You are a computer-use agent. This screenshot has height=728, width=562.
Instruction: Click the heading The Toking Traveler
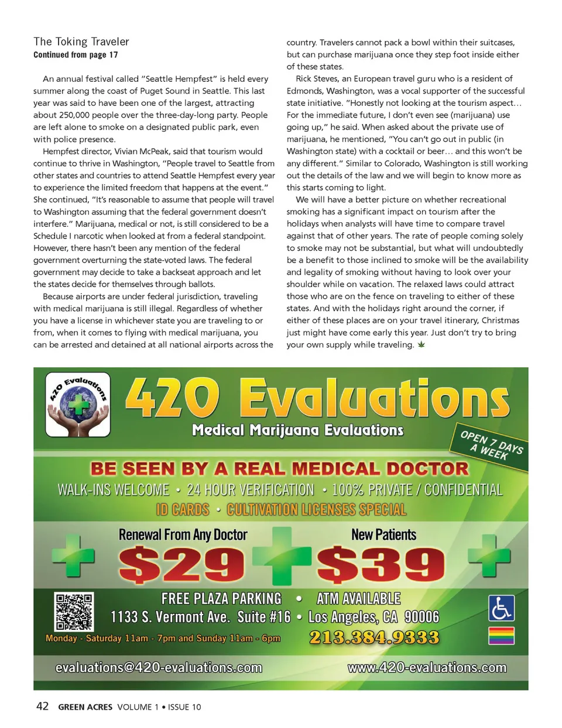tap(81, 42)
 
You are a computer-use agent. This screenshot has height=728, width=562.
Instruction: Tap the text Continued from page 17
tap(76, 55)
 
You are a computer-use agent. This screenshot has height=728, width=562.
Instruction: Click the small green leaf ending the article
tap(421, 344)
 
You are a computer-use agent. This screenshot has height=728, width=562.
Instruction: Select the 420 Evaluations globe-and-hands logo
tap(78, 405)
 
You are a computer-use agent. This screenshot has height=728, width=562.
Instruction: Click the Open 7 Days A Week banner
tap(491, 446)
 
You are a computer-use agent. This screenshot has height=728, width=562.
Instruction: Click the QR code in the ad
tap(74, 612)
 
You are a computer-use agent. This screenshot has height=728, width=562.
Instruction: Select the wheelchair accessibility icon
tap(502, 608)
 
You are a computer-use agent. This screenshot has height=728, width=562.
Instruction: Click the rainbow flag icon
tap(502, 635)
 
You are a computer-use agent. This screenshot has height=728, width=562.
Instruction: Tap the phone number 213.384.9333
tap(374, 637)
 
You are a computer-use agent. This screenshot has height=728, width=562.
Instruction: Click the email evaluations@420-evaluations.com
tap(159, 668)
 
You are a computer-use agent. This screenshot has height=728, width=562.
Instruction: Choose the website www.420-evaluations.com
tap(427, 668)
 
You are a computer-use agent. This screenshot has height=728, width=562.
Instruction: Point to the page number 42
tap(43, 706)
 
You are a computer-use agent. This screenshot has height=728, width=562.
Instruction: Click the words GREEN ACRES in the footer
tap(85, 707)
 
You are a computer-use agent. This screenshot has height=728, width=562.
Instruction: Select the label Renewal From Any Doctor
tap(183, 534)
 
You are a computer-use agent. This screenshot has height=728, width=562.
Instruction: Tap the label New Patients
tap(383, 534)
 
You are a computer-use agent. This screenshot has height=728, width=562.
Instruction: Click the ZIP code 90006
tap(421, 617)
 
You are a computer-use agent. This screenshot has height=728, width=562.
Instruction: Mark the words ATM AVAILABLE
tap(358, 599)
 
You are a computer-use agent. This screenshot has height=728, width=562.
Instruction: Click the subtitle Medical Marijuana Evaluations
tap(297, 430)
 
